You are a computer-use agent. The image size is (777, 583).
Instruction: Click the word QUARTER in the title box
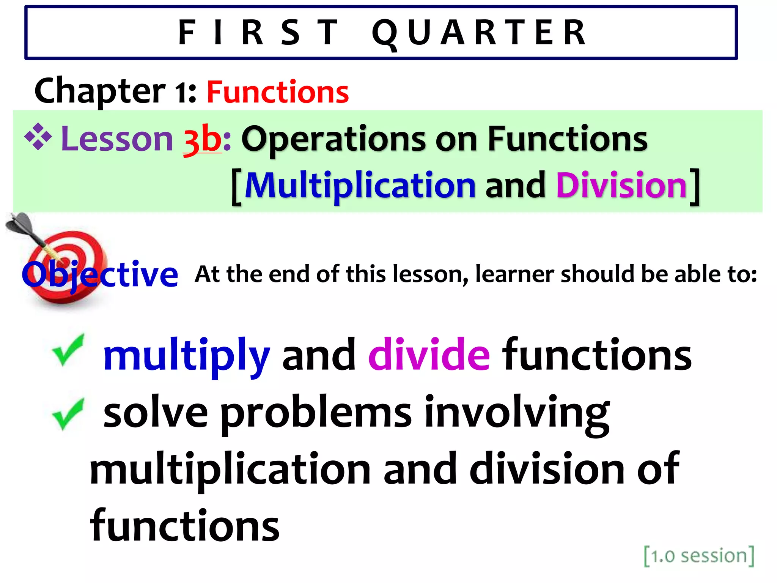coord(479,33)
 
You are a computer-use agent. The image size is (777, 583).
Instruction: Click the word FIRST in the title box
coord(258,33)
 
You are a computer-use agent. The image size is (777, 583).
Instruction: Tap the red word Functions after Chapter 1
coord(277,92)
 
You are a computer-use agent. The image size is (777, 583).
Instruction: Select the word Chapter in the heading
coord(100,91)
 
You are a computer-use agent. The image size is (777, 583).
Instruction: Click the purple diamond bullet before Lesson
coord(38,137)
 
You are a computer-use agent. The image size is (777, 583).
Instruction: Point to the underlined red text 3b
coord(202,140)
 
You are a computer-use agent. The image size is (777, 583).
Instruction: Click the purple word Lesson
coord(117,139)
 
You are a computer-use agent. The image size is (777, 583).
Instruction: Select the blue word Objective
coord(100,274)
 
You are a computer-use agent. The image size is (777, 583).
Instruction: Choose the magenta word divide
coord(429,355)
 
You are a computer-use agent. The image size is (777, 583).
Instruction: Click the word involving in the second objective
coord(517,414)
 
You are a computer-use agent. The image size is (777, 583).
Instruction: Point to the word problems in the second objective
coord(316,414)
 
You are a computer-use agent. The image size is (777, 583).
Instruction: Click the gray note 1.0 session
coord(699,556)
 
